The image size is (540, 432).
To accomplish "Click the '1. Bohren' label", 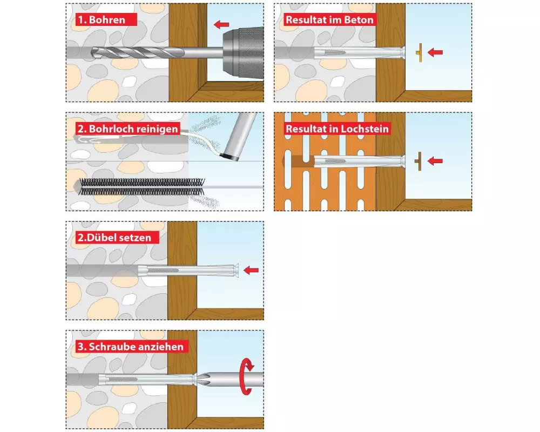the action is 106,19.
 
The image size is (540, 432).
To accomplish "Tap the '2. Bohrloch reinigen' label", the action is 127,129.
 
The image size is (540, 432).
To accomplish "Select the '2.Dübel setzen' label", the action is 117,238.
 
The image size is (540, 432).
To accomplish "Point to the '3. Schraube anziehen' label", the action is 132,346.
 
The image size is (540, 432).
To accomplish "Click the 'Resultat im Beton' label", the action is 329,19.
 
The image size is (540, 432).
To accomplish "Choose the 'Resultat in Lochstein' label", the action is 337,129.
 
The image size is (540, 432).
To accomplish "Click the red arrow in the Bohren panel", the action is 221,24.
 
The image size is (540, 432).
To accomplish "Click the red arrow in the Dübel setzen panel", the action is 251,270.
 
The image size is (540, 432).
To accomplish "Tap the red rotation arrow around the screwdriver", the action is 247,376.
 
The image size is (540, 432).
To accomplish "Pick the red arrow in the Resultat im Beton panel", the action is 435,52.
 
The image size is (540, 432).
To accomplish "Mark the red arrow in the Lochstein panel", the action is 435,161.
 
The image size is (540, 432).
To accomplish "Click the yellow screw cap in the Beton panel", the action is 420,53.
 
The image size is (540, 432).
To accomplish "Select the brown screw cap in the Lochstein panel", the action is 418,161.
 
